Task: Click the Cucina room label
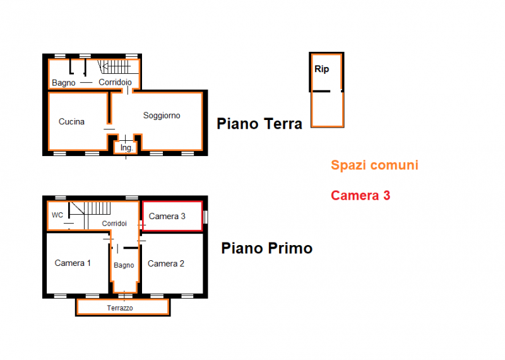(x=71, y=122)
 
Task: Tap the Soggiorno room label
(x=162, y=116)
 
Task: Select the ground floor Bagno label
(x=64, y=83)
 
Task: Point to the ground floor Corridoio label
(x=115, y=82)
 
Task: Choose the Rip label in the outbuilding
(x=321, y=69)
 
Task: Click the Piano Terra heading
(x=259, y=123)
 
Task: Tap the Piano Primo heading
(x=266, y=248)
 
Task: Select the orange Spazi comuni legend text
(x=374, y=165)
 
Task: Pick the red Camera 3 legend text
(x=360, y=196)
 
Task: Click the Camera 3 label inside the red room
(x=167, y=217)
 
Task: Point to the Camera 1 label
(x=73, y=263)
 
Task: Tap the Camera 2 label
(x=166, y=263)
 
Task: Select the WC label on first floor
(x=57, y=215)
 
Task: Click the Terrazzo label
(x=119, y=308)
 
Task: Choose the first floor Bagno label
(x=124, y=265)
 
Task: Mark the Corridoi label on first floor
(x=115, y=224)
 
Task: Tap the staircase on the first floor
(x=92, y=209)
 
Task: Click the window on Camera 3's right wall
(x=206, y=217)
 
